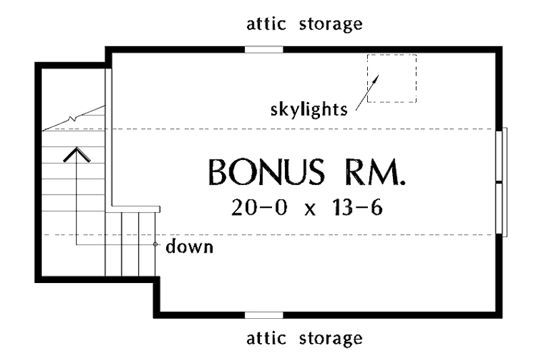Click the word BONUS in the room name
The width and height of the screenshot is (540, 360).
pos(266,172)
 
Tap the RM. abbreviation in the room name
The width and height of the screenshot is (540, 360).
pos(375,172)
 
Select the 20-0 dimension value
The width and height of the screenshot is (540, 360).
pos(259,207)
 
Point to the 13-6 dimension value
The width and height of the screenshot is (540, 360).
pos(358,207)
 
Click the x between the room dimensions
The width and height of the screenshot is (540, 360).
pos(310,209)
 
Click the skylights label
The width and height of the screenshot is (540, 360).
pos(308,110)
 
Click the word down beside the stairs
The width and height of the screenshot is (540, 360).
pos(190,247)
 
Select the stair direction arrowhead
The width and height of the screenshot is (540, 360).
pos(76,155)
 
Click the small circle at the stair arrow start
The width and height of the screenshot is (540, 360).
pos(155,245)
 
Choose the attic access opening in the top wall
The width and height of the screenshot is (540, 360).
pos(264,49)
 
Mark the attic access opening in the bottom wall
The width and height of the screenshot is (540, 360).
pos(264,315)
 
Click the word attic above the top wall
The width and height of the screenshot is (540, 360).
pos(266,24)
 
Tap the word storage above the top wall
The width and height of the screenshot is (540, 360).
pos(331,25)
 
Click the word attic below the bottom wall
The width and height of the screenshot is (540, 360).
pos(266,338)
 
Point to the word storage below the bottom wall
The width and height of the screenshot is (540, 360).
pos(331,339)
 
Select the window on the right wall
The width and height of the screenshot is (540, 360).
pos(502,182)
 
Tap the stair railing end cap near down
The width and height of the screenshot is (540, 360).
pos(159,209)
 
